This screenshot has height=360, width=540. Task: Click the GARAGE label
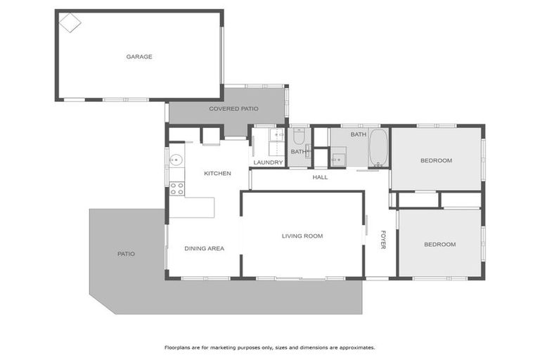coord(139,57)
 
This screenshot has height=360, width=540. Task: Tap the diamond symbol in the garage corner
coord(70,22)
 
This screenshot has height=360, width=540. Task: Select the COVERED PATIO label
coord(233,109)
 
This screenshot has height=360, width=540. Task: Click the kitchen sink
coord(176,159)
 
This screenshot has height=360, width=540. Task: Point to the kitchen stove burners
coord(176,188)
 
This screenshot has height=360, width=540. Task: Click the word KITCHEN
coord(217,173)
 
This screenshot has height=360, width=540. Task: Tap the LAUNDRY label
coord(268,162)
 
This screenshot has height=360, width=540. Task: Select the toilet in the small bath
coord(299,138)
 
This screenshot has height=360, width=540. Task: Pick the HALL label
coord(320,177)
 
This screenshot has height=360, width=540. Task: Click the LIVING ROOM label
coord(302,236)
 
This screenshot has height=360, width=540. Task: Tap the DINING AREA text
coord(204,248)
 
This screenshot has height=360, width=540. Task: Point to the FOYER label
coord(383,239)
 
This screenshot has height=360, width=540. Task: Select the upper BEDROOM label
coord(436,160)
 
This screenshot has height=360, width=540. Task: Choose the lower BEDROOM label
coord(439,244)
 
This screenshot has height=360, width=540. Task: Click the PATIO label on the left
coord(126,254)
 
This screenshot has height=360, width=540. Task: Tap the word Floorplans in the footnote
coord(178,347)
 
